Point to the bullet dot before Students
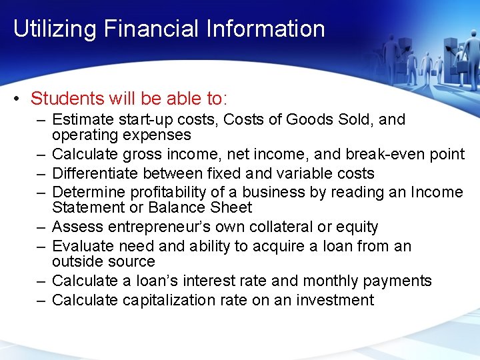pyautogui.click(x=16, y=99)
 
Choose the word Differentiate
pyautogui.click(x=96, y=173)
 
